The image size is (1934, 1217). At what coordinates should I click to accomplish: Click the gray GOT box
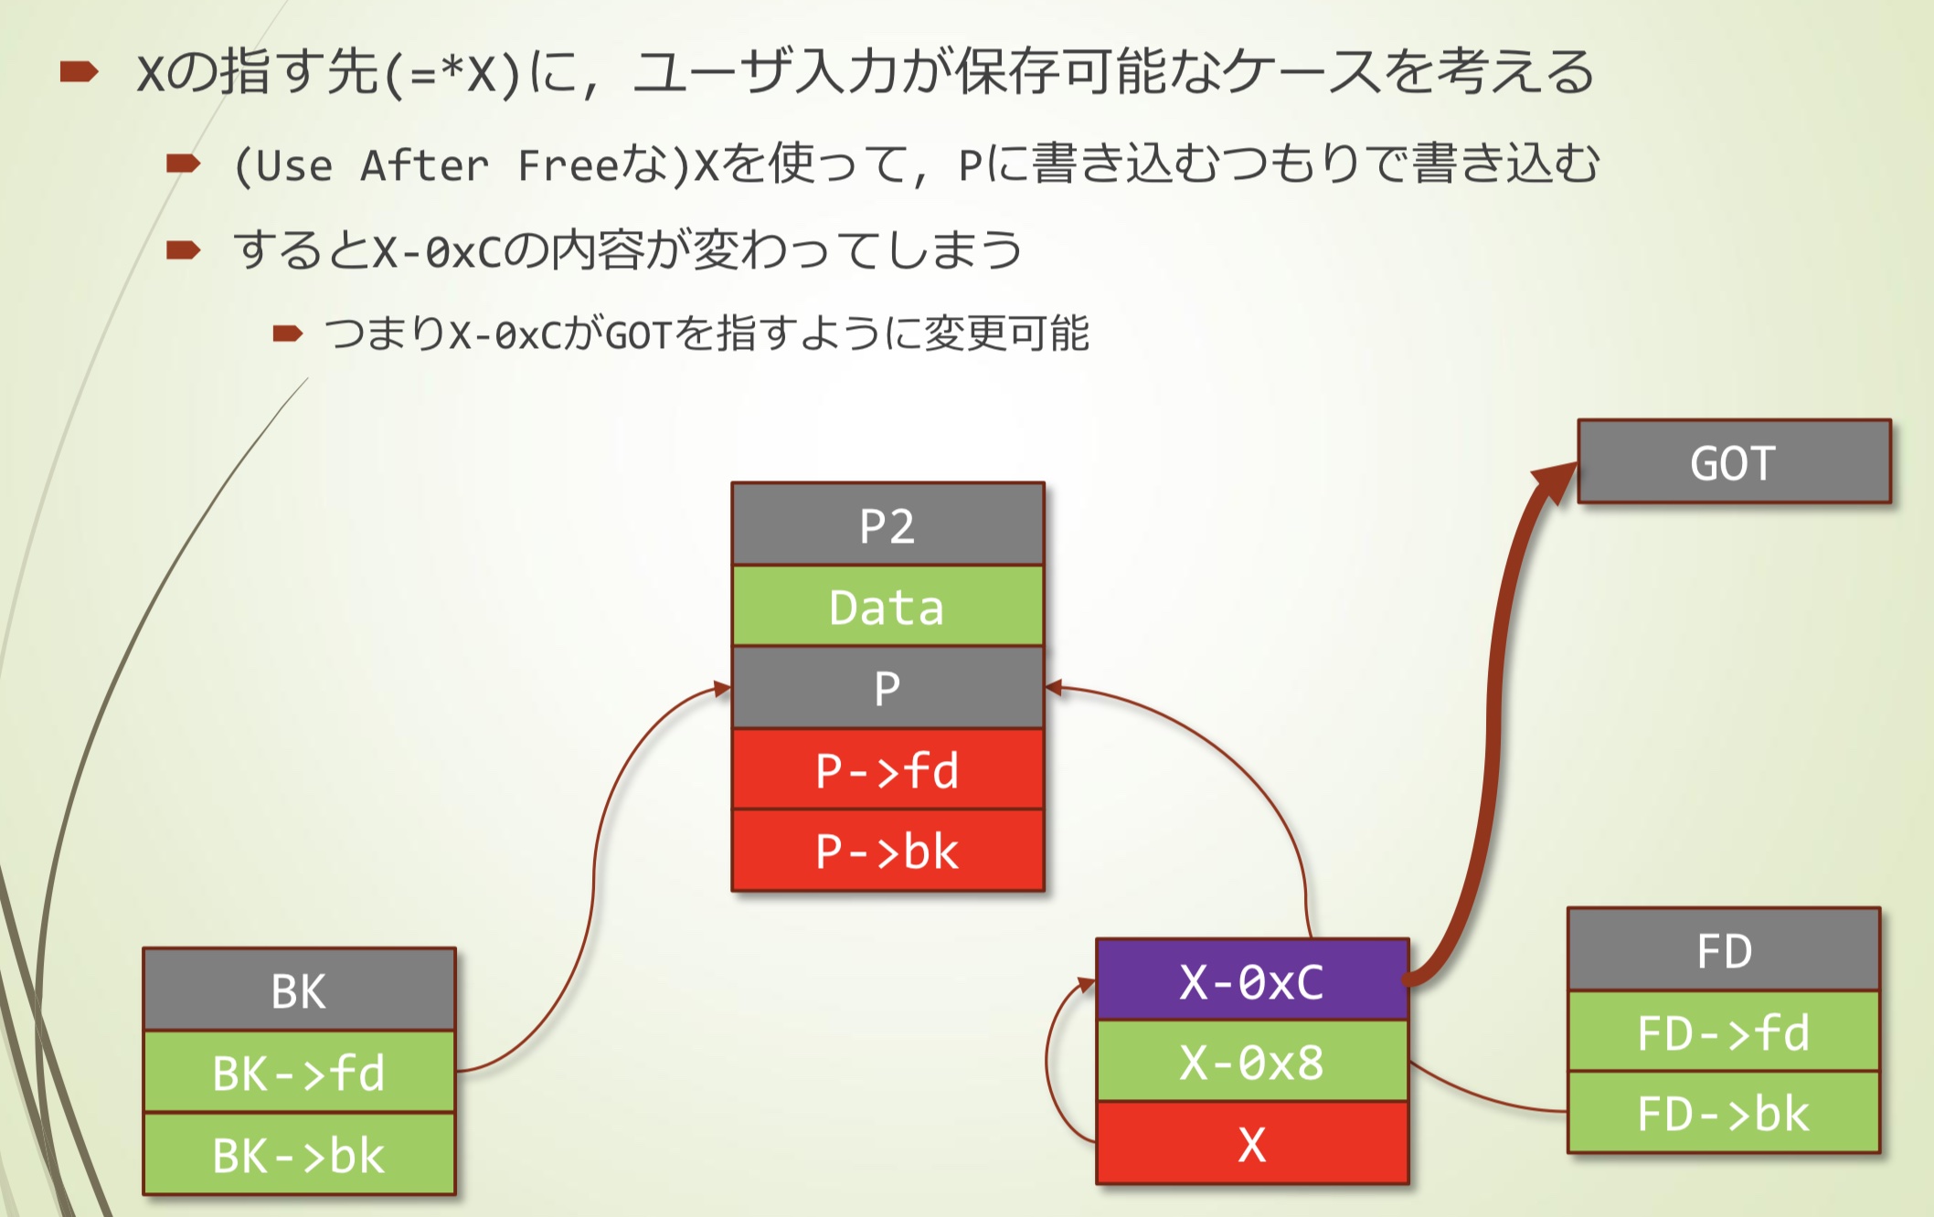1733,461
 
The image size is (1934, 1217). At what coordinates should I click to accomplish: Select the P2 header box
887,524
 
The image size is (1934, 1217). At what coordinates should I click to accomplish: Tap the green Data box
887,607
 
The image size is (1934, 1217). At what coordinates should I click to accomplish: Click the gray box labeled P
887,688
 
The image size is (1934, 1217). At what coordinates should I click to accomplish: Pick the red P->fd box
887,769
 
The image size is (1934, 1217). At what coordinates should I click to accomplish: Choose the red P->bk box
887,851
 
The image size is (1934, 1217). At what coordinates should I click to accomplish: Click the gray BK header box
299,990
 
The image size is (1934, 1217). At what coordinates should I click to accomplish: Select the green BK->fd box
299,1072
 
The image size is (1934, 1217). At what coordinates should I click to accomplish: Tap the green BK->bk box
299,1154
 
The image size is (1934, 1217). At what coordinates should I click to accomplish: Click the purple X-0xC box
1251,980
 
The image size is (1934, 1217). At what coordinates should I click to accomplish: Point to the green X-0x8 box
1251,1062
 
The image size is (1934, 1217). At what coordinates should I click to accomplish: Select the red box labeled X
1251,1143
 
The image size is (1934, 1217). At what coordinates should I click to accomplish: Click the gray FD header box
1724,950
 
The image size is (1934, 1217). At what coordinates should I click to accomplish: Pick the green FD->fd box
1724,1032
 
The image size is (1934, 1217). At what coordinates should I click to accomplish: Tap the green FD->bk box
1724,1113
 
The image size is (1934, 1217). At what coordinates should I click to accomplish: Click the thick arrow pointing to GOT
1495,731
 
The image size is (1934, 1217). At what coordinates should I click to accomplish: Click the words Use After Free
426,166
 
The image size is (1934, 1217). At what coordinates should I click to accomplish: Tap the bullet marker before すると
183,250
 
